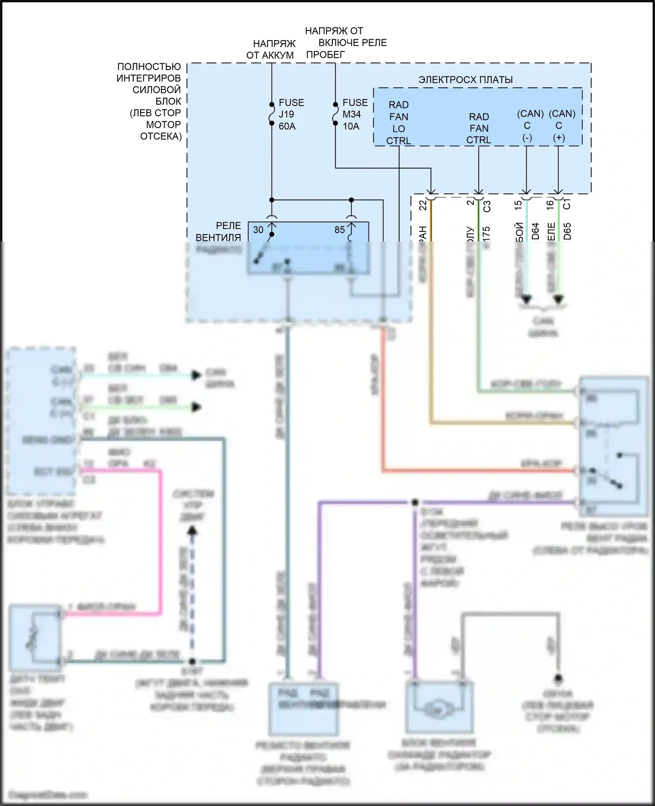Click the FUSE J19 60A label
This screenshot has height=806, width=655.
pyautogui.click(x=291, y=114)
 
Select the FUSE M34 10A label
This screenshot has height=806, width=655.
pyautogui.click(x=355, y=114)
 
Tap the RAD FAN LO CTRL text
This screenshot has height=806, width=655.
pyautogui.click(x=399, y=123)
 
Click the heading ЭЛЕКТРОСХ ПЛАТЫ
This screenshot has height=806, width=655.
pyautogui.click(x=465, y=80)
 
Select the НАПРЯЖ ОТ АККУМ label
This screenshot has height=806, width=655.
pyautogui.click(x=271, y=49)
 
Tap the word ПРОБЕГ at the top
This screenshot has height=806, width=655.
pyautogui.click(x=325, y=55)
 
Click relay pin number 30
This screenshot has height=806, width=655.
pyautogui.click(x=258, y=230)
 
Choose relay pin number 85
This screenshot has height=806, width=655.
pyautogui.click(x=339, y=230)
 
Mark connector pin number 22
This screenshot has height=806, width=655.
pyautogui.click(x=423, y=205)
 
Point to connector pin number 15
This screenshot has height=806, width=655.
pyautogui.click(x=518, y=205)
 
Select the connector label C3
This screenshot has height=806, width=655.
pyautogui.click(x=487, y=206)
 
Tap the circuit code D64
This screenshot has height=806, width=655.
pyautogui.click(x=535, y=231)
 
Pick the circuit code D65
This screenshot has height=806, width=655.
pyautogui.click(x=567, y=231)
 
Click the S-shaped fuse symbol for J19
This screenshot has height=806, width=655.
pyautogui.click(x=272, y=114)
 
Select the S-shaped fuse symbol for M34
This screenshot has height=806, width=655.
pyautogui.click(x=335, y=114)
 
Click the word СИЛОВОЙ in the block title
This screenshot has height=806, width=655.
pyautogui.click(x=156, y=90)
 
